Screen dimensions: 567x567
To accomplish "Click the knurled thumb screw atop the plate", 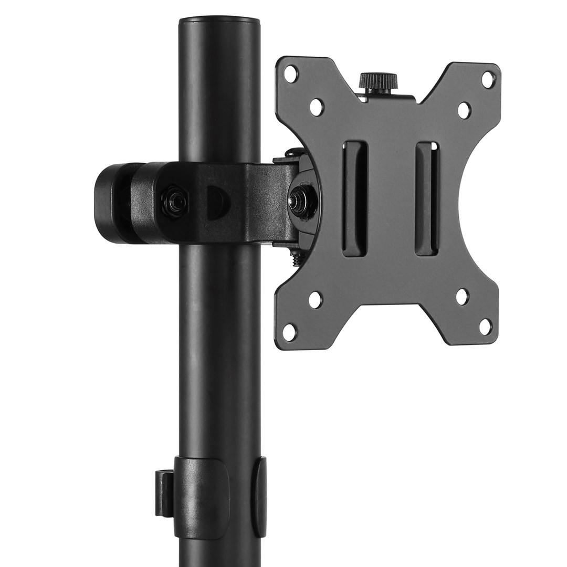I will coord(378,81).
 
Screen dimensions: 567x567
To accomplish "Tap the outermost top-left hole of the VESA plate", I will coord(290,73).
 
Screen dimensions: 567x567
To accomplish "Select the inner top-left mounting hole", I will coord(316,107).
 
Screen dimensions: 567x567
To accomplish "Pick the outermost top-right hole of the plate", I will coord(488,80).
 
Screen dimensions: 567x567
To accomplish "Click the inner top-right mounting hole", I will coord(464,110).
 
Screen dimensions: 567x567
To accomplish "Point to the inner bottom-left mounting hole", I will coord(315,300).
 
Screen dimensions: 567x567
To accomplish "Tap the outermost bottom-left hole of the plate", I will coord(289,332).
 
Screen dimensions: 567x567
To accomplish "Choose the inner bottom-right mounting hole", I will coord(462,297).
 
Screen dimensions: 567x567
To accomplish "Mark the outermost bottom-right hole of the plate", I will coord(486,326).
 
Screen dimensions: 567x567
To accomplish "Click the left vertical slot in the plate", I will coord(355,198).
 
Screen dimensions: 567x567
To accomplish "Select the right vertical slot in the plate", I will coord(426,198).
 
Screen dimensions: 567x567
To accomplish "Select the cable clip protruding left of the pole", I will coord(164,493).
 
